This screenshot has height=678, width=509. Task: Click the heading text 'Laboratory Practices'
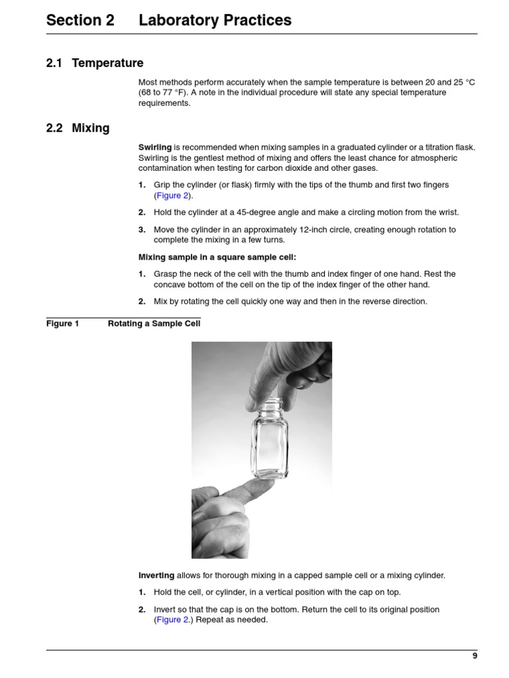pos(215,21)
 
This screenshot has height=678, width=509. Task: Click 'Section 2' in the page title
pos(80,21)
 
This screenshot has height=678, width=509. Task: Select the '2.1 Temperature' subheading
pos(95,63)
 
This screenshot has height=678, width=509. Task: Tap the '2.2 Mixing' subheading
pos(78,128)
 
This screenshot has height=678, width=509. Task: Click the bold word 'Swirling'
pos(154,147)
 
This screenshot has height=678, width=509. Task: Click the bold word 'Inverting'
pos(156,575)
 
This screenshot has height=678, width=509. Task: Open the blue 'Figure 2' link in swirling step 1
pos(172,196)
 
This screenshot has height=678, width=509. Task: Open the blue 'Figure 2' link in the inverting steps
pos(172,620)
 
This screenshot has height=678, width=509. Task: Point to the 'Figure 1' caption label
pos(62,324)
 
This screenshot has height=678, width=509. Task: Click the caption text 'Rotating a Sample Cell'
pos(154,324)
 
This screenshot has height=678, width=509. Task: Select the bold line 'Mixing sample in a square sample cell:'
pos(217,257)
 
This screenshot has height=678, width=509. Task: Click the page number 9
pos(475,655)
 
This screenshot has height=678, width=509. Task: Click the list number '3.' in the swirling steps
pos(142,230)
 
